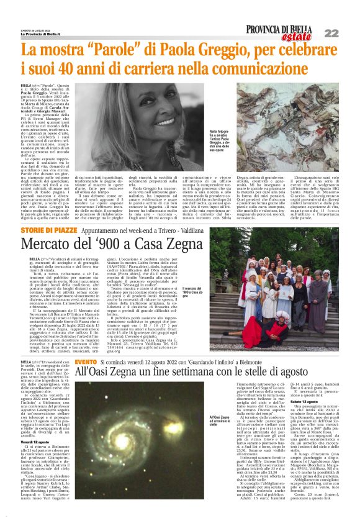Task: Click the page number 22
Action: [347, 33]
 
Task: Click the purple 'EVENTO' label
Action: [86, 362]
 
